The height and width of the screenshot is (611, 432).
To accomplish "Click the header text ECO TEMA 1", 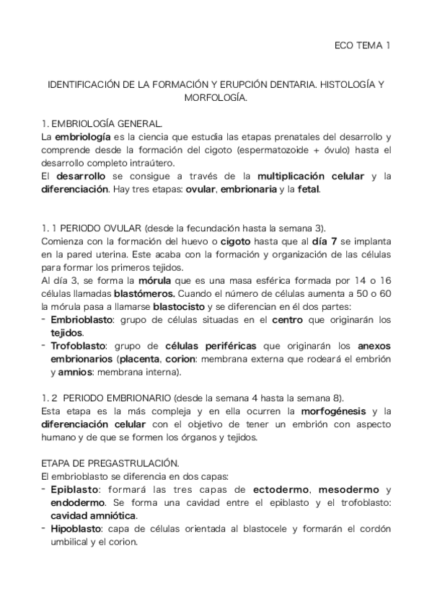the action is pos(363,45).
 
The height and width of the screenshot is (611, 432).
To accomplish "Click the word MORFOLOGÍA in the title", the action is pos(216,97).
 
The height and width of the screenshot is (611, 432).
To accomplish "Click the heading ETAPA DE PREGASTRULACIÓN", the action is pos(110,465).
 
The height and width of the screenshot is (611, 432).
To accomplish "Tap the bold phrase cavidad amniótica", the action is pos(93,517).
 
